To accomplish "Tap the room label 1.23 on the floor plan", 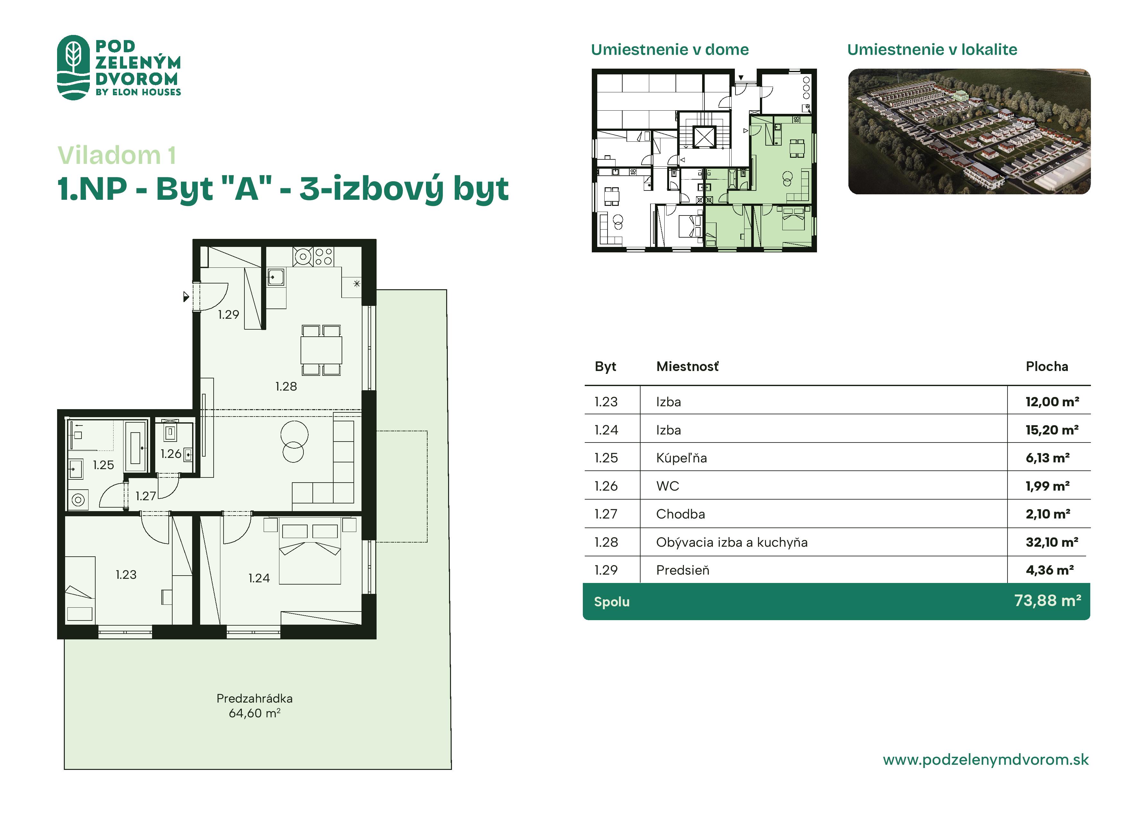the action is point(126,574).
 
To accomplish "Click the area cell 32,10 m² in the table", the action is point(1052,542).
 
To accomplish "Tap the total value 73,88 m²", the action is point(1047,600).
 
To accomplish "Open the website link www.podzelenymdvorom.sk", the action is point(986,760).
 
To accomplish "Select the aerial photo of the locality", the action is point(969,131).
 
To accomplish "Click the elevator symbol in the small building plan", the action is point(704,137).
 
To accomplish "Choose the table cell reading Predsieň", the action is point(683,570).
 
